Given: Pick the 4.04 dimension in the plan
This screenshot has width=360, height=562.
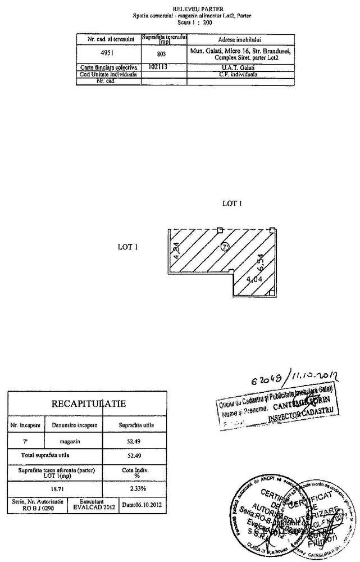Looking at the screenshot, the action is [254, 279].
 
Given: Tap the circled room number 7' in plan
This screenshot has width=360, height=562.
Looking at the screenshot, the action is [225, 246].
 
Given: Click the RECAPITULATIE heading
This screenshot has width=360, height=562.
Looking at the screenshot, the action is [88, 404].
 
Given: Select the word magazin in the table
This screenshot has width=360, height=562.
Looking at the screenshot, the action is [75, 440].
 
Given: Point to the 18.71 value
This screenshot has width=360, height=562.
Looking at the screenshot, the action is [51, 488].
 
